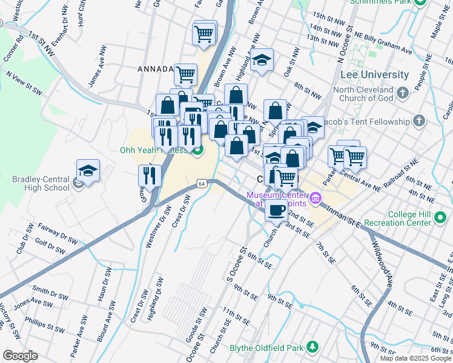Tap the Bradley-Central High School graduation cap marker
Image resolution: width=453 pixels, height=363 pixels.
pyautogui.click(x=88, y=171)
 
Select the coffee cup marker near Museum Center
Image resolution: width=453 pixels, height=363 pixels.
pyautogui.click(x=277, y=211)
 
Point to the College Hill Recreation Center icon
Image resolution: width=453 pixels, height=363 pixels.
pyautogui.click(x=441, y=221)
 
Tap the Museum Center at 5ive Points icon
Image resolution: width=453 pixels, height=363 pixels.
pyautogui.click(x=315, y=198)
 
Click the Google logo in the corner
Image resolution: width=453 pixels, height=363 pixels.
pyautogui.click(x=20, y=356)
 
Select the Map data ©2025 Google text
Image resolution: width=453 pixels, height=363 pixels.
pyautogui.click(x=415, y=358)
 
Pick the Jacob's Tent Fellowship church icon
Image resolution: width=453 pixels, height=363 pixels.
pyautogui.click(x=418, y=121)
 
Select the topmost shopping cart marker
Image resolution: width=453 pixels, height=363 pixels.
pyautogui.click(x=205, y=33)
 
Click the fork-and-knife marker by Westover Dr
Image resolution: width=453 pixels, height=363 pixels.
pyautogui.click(x=150, y=176)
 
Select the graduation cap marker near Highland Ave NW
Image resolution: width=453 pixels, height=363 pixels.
pyautogui.click(x=262, y=60)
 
